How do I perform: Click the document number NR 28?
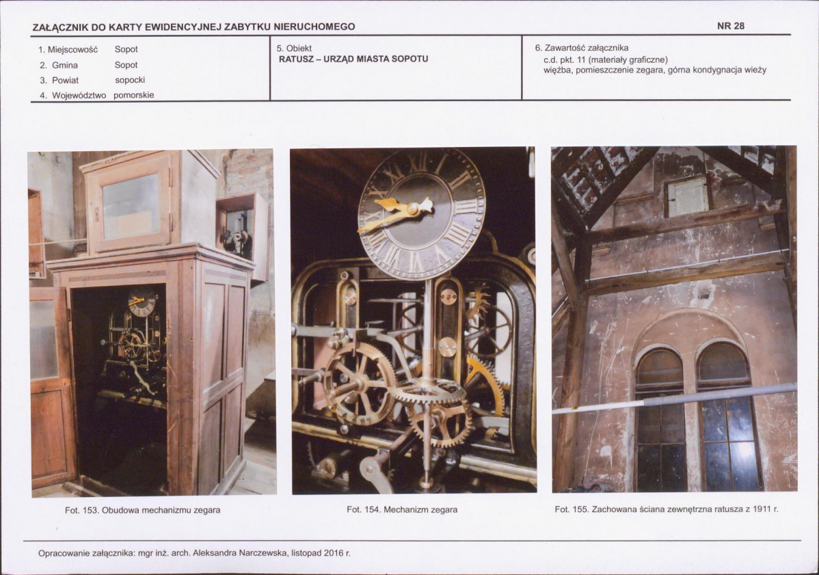(x=730, y=26)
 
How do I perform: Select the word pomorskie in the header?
(x=134, y=96)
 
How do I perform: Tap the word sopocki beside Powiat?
(x=130, y=81)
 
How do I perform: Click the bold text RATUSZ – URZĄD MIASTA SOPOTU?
(x=353, y=59)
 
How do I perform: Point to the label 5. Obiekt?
(x=294, y=49)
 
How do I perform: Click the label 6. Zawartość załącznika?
(x=582, y=48)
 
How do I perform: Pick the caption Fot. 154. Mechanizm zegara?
(x=402, y=510)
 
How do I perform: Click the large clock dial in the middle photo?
(x=422, y=213)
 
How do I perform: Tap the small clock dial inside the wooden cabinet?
(x=142, y=303)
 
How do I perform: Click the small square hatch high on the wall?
(x=688, y=196)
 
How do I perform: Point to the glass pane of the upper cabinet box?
(x=131, y=206)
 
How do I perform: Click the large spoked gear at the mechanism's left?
(x=360, y=384)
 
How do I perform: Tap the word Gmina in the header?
(x=65, y=65)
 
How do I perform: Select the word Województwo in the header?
(x=79, y=96)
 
